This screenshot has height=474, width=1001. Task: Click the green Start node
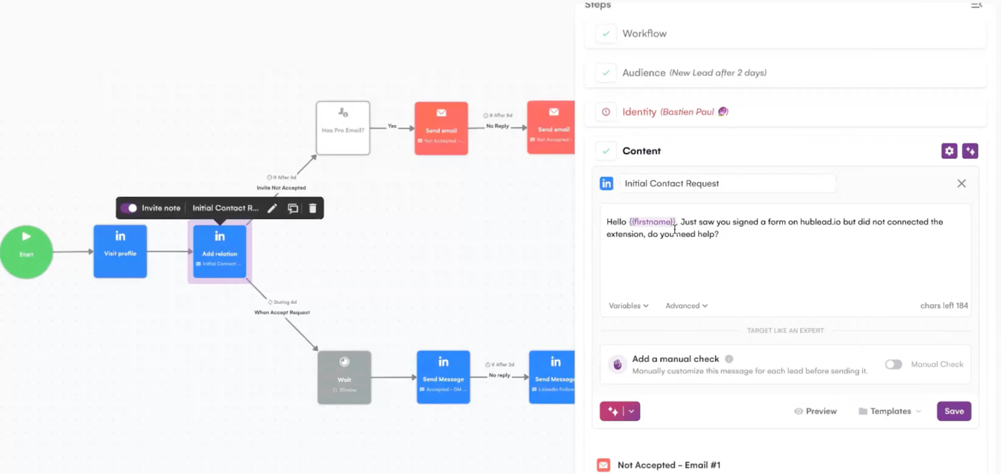click(26, 251)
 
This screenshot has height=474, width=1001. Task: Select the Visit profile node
click(120, 251)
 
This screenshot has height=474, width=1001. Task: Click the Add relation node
click(220, 251)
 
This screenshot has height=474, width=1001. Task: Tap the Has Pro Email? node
click(343, 128)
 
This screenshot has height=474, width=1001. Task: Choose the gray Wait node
click(344, 377)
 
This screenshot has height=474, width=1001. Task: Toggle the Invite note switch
click(130, 208)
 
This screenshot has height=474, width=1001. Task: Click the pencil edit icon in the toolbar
click(272, 208)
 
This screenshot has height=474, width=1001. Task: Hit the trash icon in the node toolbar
click(313, 208)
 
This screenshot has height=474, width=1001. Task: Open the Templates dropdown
click(890, 411)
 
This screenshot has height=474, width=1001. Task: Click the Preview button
click(815, 411)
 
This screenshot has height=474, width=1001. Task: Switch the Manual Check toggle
click(893, 365)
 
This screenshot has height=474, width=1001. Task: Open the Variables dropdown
click(628, 306)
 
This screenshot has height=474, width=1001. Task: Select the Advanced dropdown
click(686, 306)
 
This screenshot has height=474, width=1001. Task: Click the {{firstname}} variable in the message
click(652, 222)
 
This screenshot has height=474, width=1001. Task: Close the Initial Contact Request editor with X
click(962, 183)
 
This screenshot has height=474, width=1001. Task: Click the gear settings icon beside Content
click(949, 151)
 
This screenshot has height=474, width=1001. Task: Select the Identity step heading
click(639, 112)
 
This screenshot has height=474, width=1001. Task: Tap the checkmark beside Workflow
click(606, 34)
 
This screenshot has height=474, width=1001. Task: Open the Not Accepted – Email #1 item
click(669, 465)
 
